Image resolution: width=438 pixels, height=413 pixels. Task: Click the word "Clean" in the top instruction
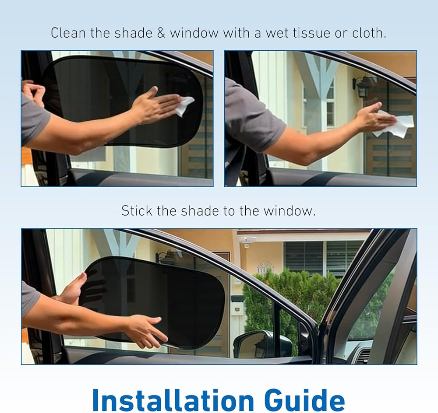click(x=68, y=33)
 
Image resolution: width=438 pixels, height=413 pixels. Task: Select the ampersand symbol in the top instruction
click(x=161, y=33)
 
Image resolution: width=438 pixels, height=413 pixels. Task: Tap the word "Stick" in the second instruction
click(x=137, y=211)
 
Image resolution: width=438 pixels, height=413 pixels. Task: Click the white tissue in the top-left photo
click(x=184, y=105)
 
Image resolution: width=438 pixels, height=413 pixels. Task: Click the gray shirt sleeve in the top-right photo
click(x=251, y=117)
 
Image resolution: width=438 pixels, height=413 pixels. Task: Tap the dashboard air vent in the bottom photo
click(x=363, y=354)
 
